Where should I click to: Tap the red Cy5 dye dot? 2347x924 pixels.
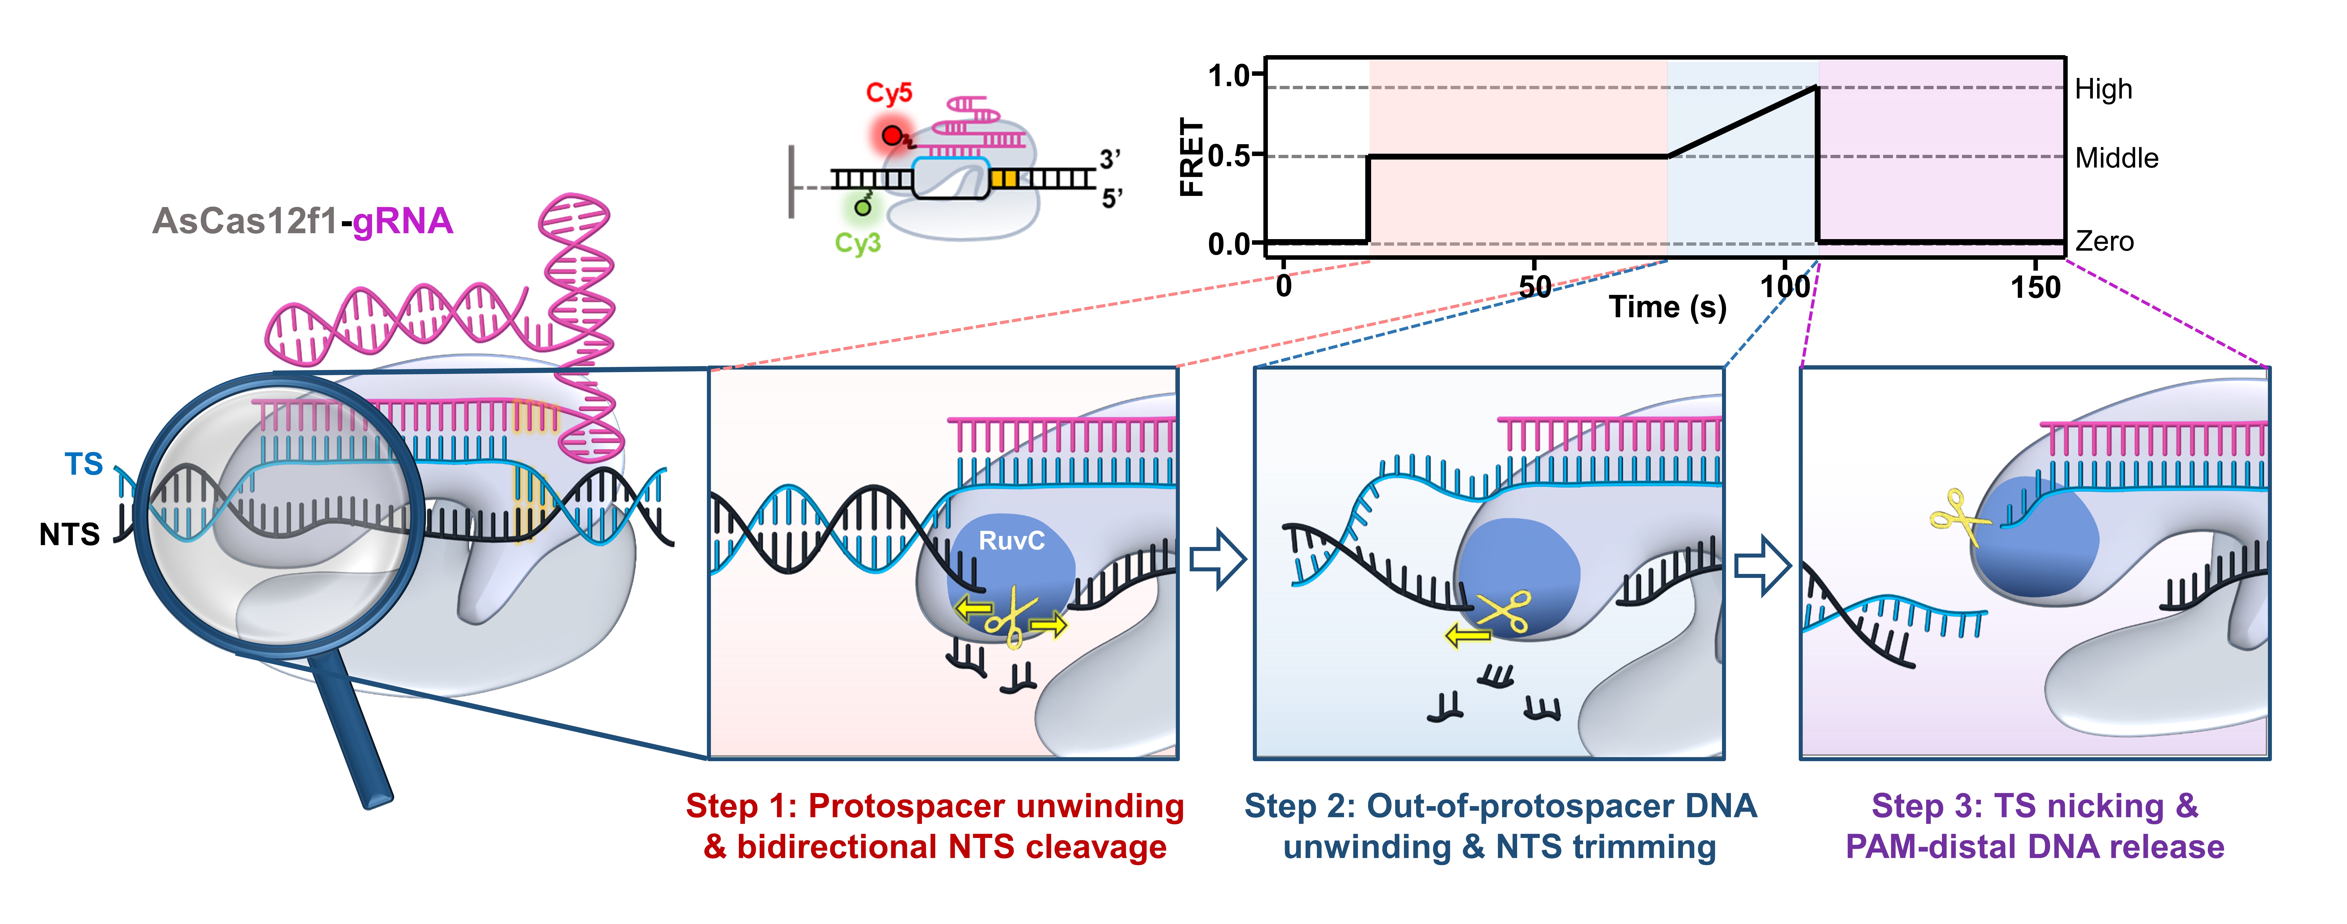(891, 136)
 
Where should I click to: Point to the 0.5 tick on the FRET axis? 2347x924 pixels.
(1230, 156)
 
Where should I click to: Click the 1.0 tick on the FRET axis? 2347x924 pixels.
(1230, 75)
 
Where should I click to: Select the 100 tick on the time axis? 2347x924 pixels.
(1785, 287)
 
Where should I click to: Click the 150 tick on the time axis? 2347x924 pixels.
(2035, 287)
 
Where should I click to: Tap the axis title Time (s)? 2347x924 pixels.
(1667, 307)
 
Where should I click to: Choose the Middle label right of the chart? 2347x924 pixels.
(2117, 159)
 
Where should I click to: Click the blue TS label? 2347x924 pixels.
(84, 464)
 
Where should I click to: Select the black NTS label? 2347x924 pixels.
(69, 534)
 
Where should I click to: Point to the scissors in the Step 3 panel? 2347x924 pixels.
(1959, 517)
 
